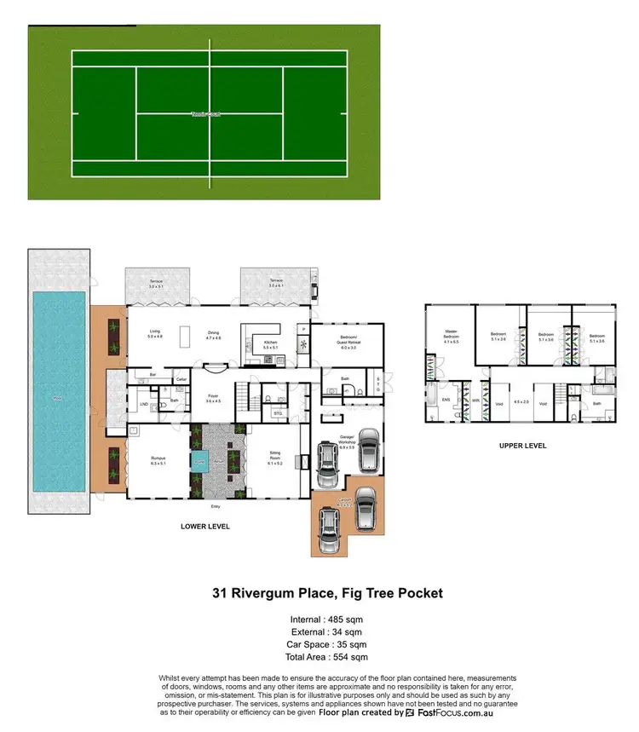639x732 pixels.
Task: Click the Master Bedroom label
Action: tap(452, 334)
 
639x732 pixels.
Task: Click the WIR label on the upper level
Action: tap(475, 400)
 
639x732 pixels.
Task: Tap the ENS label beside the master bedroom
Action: tap(446, 398)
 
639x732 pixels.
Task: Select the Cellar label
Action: tap(181, 380)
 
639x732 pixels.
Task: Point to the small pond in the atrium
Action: tap(199, 464)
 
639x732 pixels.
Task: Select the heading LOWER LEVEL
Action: tap(205, 526)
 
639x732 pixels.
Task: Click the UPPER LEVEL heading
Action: tap(522, 446)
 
